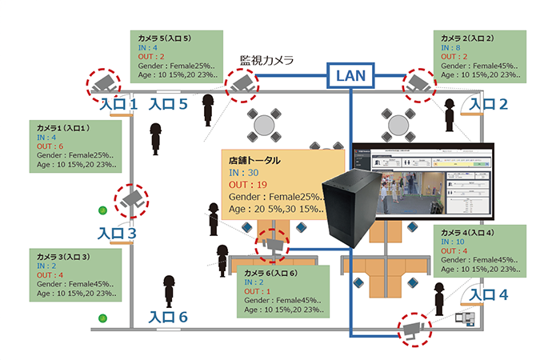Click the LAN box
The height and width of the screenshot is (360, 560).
(x=351, y=77)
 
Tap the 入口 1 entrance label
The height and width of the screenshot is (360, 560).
(x=119, y=103)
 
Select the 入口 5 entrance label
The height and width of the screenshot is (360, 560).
(x=168, y=103)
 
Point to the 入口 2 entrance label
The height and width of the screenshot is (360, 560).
(x=488, y=103)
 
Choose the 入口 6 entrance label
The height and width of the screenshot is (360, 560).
(x=168, y=318)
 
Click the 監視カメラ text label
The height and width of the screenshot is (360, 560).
(x=267, y=60)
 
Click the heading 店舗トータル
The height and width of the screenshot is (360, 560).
(x=254, y=160)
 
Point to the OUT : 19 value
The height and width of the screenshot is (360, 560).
(x=247, y=185)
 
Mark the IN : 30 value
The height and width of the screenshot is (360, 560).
(x=243, y=173)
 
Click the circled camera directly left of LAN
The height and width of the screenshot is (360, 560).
(x=241, y=83)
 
